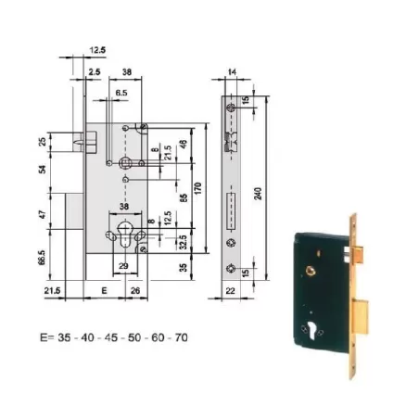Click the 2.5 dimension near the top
(x=95, y=70)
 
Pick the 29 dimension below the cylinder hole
(x=122, y=266)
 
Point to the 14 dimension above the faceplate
(x=232, y=70)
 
